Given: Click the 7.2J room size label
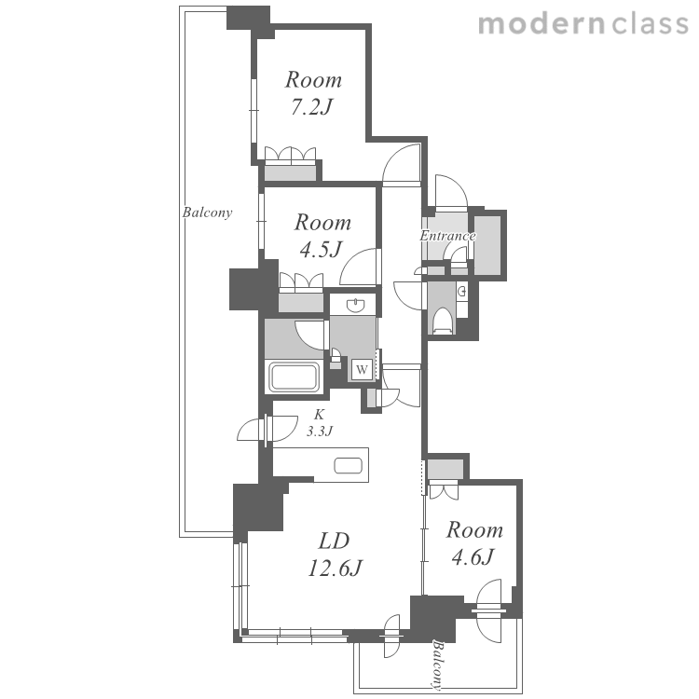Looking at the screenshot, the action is (312, 107).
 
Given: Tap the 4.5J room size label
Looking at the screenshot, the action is (321, 250).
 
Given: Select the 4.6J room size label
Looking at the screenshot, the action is (473, 557).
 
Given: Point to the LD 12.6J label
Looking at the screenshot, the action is (335, 555).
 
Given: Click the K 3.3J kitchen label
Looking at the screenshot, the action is (319, 423).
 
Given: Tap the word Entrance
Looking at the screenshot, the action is (447, 236).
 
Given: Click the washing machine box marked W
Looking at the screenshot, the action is (362, 369).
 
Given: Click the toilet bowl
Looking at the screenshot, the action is (443, 320).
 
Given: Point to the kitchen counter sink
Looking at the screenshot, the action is (349, 466).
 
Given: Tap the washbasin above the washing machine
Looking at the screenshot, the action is (356, 306).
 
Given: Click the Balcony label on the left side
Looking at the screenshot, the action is (207, 212).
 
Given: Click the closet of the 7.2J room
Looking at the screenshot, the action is (291, 172).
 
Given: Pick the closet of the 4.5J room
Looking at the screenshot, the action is (301, 302).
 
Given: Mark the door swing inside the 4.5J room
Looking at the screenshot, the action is (360, 267).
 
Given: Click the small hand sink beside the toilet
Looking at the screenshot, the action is (462, 292).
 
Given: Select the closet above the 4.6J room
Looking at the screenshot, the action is (445, 470).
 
